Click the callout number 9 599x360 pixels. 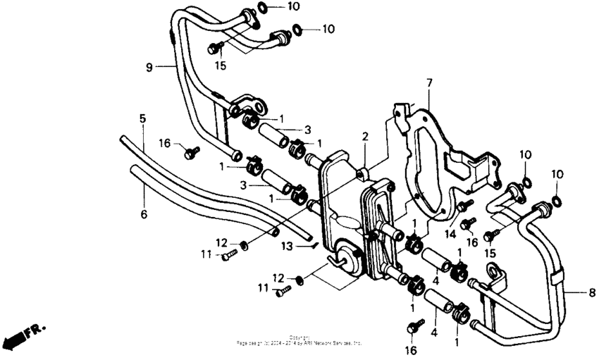pyautogui.click(x=149, y=68)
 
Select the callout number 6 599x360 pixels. pyautogui.click(x=144, y=213)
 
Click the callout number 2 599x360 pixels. pyautogui.click(x=365, y=136)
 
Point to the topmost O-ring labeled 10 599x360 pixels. pyautogui.click(x=262, y=8)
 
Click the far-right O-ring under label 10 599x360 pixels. pyautogui.click(x=557, y=201)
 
